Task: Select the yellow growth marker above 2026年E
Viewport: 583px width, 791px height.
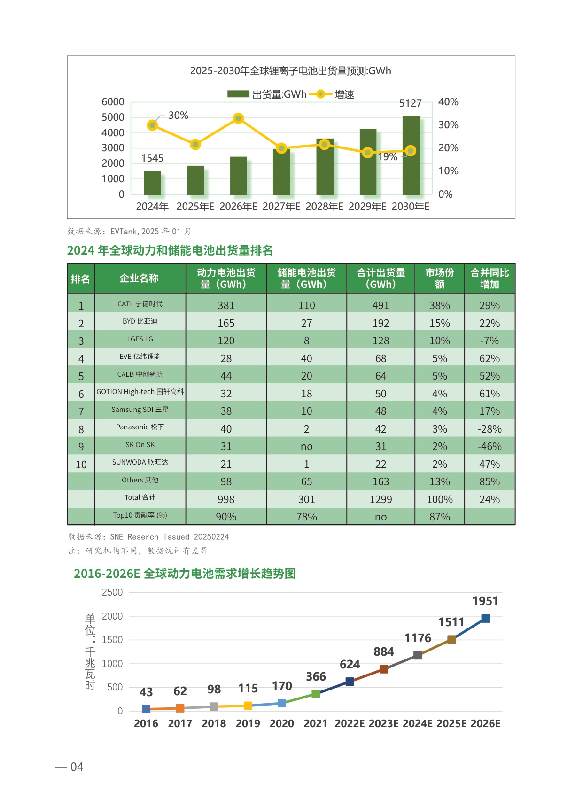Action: click(238, 118)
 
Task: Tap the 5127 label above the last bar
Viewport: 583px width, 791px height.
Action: click(411, 103)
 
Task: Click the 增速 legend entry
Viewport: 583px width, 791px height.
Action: click(344, 94)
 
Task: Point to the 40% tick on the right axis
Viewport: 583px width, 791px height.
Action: click(448, 102)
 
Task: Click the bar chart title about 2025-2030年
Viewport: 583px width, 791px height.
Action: click(290, 71)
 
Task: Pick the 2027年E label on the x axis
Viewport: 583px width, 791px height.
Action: click(281, 207)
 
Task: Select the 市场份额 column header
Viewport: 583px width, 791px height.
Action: click(439, 279)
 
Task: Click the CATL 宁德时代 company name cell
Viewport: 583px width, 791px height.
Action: click(140, 304)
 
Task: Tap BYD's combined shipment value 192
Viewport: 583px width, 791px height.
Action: click(381, 323)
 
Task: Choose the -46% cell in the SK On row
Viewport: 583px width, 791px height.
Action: click(490, 446)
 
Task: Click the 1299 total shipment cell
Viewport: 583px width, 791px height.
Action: click(381, 499)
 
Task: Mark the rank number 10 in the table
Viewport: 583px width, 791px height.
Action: click(81, 465)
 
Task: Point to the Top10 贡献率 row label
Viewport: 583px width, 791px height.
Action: click(140, 515)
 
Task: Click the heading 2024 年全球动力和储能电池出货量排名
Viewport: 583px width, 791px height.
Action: click(170, 250)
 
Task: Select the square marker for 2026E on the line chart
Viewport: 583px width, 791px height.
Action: click(485, 619)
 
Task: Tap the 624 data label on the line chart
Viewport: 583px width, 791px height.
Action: click(350, 664)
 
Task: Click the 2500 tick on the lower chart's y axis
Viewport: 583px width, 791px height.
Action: click(112, 592)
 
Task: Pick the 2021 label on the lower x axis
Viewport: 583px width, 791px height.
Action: click(315, 723)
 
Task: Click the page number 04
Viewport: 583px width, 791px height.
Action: click(77, 767)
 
